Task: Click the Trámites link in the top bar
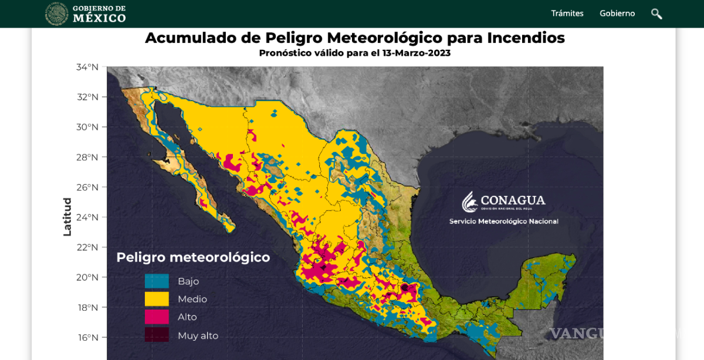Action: pos(567,13)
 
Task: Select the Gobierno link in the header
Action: pos(617,13)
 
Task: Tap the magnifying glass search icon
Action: pos(656,13)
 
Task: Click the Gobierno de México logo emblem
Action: pos(57,13)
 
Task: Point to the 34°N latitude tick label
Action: pos(87,67)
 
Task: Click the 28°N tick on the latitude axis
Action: pos(87,157)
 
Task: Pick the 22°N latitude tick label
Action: pos(87,247)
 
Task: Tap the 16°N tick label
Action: pos(87,338)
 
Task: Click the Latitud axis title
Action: pos(67,217)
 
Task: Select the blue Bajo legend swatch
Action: pos(157,281)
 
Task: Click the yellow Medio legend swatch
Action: pos(157,299)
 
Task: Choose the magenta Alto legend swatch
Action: pos(157,317)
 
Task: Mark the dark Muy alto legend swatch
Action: pos(157,335)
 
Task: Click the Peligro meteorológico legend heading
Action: pos(193,257)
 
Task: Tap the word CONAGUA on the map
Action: pos(513,200)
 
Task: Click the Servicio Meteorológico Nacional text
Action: pos(503,222)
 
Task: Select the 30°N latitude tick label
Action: pos(87,127)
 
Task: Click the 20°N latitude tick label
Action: pos(87,277)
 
